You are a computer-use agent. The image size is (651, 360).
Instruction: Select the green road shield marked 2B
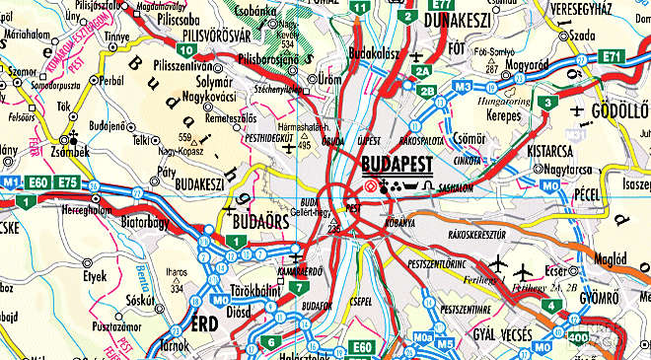pyautogui.click(x=427, y=92)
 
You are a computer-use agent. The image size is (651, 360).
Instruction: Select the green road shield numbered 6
pyautogui.click(x=269, y=342)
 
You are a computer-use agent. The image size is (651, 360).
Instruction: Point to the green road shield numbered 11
pyautogui.click(x=362, y=8)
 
